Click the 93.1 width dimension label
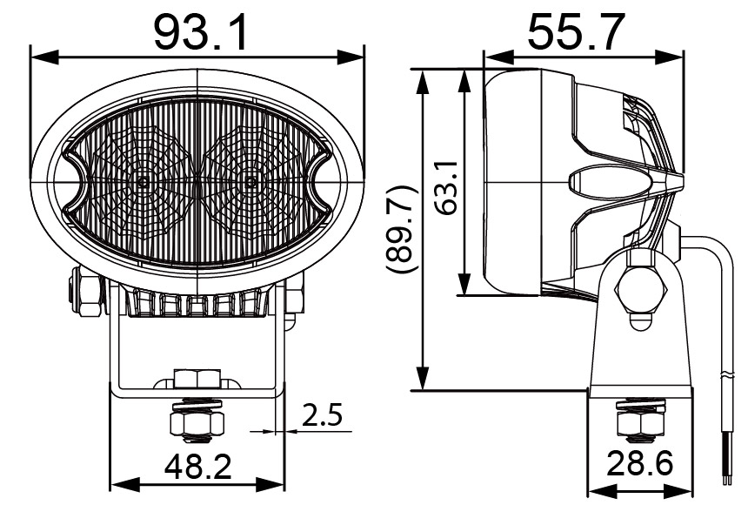click(201, 31)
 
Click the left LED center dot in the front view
click(143, 183)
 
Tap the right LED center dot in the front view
click(250, 183)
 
